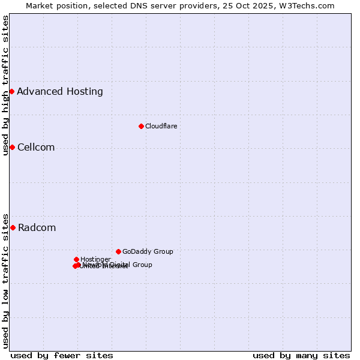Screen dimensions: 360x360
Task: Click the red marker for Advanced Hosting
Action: [x=11, y=91]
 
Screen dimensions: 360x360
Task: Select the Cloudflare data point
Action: [x=141, y=126]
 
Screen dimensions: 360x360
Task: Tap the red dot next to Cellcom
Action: [x=12, y=147]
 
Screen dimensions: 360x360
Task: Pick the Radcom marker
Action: [x=13, y=227]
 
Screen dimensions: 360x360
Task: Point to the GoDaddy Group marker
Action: [x=118, y=251]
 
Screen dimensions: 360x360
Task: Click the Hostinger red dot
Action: [x=76, y=259]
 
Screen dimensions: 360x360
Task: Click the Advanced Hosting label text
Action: [x=60, y=92]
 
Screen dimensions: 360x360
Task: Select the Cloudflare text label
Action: [x=161, y=126]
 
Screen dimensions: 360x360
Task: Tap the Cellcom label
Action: [x=36, y=148]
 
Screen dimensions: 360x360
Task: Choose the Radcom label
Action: [x=37, y=228]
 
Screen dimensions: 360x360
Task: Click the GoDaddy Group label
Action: [x=148, y=251]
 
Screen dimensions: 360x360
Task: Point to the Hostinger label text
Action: [x=95, y=259]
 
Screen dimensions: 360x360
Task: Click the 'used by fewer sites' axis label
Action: [x=62, y=355]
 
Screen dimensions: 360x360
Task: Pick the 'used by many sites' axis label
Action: [x=301, y=355]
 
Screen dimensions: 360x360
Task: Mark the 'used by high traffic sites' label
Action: [x=5, y=86]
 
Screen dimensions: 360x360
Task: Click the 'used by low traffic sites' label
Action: [x=5, y=280]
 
